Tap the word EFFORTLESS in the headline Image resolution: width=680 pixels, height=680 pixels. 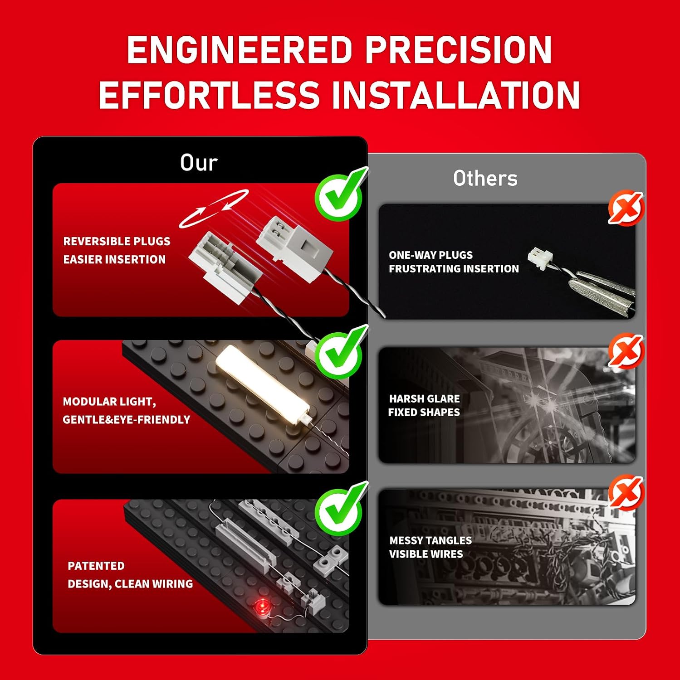pos(209,95)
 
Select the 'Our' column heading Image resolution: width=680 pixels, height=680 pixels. pos(199,162)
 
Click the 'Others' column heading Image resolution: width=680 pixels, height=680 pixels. pos(485,178)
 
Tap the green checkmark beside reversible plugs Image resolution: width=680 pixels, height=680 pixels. pos(340,194)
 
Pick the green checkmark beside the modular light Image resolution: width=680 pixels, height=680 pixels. pos(340,352)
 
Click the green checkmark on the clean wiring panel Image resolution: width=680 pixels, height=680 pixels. pos(340,509)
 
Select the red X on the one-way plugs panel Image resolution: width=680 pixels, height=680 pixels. pos(626,208)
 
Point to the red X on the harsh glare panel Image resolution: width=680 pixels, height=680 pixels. pos(626,351)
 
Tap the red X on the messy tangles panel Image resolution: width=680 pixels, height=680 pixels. pos(626,493)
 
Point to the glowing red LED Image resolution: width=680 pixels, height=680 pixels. pos(261,606)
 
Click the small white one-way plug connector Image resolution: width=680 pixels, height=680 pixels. pos(540,257)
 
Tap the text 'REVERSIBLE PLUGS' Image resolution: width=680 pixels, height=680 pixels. pos(117,241)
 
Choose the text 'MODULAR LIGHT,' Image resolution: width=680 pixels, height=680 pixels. pos(109,402)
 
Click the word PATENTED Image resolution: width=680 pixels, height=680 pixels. pos(96,566)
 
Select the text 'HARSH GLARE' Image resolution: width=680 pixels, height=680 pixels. pos(424,398)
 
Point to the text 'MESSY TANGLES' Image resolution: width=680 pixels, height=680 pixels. pos(430,540)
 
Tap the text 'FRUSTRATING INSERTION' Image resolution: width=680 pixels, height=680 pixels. pos(454,269)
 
